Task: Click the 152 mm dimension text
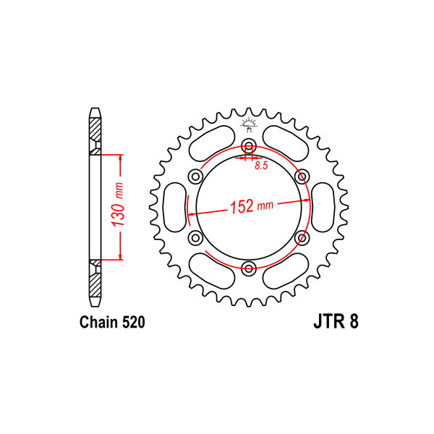click(x=252, y=206)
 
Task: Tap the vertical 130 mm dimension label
click(x=117, y=204)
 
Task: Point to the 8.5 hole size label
click(x=262, y=166)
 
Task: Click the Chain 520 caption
click(x=112, y=322)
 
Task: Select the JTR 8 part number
click(x=336, y=322)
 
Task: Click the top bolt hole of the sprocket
click(x=249, y=145)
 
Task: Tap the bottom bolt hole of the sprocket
click(x=249, y=268)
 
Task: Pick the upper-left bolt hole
click(x=196, y=176)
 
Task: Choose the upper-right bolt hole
click(x=302, y=176)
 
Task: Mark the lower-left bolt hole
click(x=196, y=237)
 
